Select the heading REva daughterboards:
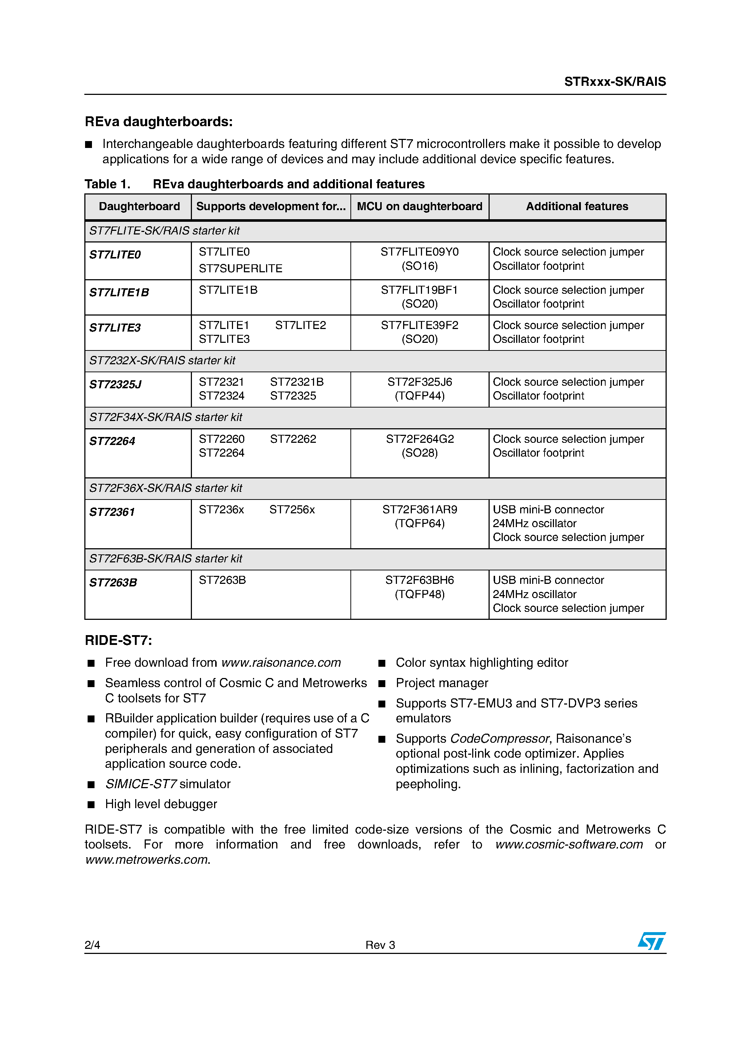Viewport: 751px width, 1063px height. [x=158, y=122]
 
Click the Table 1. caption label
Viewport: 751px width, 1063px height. [x=108, y=184]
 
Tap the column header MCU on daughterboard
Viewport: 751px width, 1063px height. [x=419, y=206]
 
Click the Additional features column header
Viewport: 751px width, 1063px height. [x=577, y=206]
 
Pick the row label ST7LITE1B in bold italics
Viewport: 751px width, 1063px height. [x=119, y=293]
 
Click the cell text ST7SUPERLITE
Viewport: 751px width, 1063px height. [x=240, y=269]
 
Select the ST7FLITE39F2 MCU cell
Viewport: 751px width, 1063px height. [x=419, y=325]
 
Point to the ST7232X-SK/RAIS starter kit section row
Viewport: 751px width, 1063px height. [x=162, y=361]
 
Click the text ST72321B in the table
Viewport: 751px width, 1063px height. [x=297, y=382]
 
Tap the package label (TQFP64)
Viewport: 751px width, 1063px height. [x=419, y=524]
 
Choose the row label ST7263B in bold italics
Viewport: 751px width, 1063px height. [x=113, y=583]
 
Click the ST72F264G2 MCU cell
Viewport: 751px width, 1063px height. [x=419, y=439]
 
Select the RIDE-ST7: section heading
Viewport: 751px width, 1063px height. [x=118, y=640]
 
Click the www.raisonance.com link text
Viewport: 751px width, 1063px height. [x=281, y=663]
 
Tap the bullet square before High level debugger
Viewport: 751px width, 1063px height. [x=91, y=805]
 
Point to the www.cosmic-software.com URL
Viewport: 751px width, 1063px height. [x=569, y=845]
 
